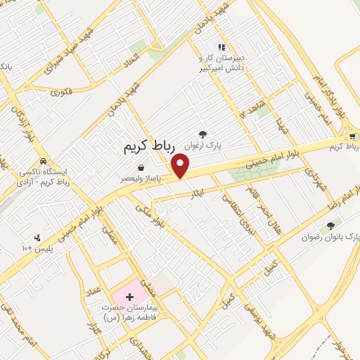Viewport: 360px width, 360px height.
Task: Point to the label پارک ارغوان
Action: (x=203, y=145)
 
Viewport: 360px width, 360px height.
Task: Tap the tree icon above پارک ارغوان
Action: (x=203, y=134)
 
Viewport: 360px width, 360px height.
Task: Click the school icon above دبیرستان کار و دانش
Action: (x=221, y=46)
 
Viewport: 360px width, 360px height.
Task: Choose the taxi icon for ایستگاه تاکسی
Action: (x=44, y=160)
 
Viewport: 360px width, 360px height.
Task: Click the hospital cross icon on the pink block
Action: (x=129, y=297)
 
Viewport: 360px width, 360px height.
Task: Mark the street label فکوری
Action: (x=62, y=91)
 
